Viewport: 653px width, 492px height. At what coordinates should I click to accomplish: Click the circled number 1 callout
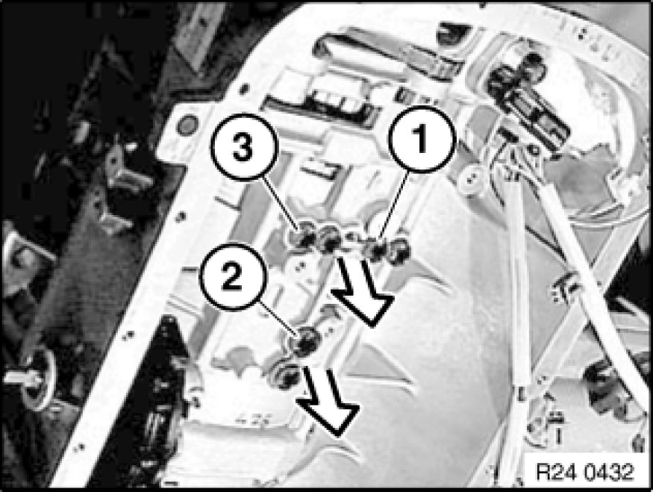click(422, 139)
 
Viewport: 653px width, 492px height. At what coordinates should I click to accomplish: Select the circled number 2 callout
click(232, 278)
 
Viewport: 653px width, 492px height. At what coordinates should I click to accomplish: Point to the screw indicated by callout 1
click(377, 250)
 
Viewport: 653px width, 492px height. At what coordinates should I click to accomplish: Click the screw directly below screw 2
click(287, 376)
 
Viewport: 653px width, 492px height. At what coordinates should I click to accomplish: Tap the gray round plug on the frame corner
click(187, 125)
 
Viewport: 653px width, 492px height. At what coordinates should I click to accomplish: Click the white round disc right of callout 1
click(471, 179)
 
